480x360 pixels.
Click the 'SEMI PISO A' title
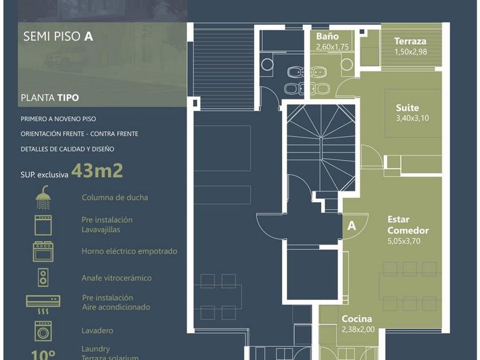(x=58, y=36)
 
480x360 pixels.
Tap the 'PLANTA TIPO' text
(x=50, y=98)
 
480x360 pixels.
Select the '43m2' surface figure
(x=97, y=171)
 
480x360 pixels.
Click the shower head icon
(x=43, y=197)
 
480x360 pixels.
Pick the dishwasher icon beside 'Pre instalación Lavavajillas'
(x=43, y=225)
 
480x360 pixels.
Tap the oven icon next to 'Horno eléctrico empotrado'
(x=43, y=251)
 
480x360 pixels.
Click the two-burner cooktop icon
(x=43, y=278)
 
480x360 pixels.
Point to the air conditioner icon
(x=43, y=305)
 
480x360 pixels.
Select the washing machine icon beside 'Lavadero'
(x=43, y=331)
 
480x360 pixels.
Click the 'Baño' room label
(x=327, y=37)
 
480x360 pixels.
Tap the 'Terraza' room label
(x=410, y=41)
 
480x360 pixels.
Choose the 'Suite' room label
(x=407, y=108)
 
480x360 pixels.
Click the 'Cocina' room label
(x=357, y=319)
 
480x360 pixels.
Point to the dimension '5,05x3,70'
(x=404, y=241)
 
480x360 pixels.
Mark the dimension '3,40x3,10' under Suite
(x=413, y=118)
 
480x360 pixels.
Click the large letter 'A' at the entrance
(x=352, y=226)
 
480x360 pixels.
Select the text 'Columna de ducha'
(x=115, y=198)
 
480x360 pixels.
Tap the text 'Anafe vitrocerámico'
(x=117, y=278)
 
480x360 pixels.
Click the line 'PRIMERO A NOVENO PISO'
(x=58, y=119)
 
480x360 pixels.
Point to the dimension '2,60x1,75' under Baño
(x=333, y=47)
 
